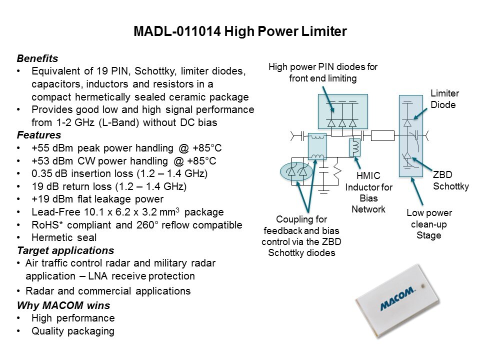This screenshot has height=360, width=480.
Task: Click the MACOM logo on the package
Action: pyautogui.click(x=397, y=299)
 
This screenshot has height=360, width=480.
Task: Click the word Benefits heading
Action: pyautogui.click(x=37, y=58)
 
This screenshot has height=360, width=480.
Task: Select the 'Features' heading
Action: pyautogui.click(x=39, y=135)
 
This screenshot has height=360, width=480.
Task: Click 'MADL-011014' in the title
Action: pyautogui.click(x=177, y=31)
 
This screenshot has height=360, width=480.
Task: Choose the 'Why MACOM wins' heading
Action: pyautogui.click(x=63, y=305)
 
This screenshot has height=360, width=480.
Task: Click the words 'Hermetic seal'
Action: pyautogui.click(x=64, y=237)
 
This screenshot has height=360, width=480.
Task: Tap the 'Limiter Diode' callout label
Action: pyautogui.click(x=444, y=99)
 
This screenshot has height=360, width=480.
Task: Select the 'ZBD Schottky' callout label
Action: pyautogui.click(x=450, y=180)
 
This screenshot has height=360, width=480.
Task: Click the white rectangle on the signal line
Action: pyautogui.click(x=382, y=135)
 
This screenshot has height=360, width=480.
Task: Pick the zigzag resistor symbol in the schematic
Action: pyautogui.click(x=337, y=171)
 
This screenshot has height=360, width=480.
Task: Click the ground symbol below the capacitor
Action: pyautogui.click(x=323, y=191)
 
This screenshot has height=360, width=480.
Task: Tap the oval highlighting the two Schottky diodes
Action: pyautogui.click(x=296, y=171)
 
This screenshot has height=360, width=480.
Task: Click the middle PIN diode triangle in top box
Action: pyautogui.click(x=342, y=123)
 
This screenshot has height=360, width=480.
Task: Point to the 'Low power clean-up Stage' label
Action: pyautogui.click(x=429, y=224)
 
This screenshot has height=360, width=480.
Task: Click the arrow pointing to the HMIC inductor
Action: pyautogui.click(x=357, y=163)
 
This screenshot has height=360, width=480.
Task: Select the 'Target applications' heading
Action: pyautogui.click(x=65, y=250)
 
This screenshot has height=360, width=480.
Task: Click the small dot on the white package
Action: pyautogui.click(x=423, y=286)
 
